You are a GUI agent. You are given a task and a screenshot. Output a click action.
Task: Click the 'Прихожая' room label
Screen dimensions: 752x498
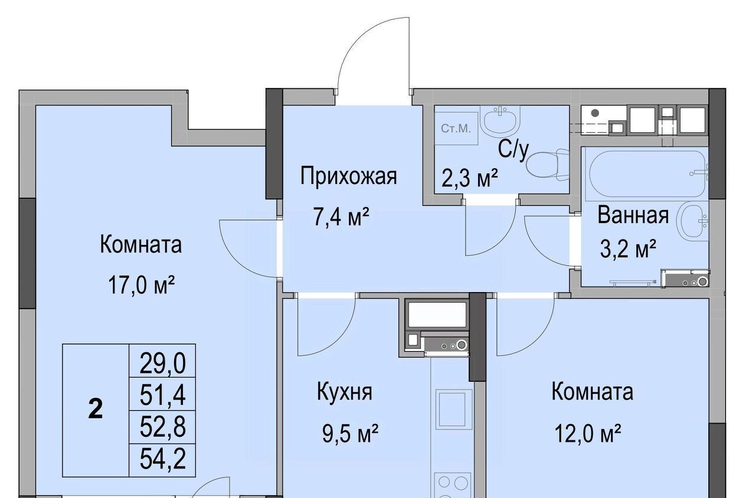tap(348, 176)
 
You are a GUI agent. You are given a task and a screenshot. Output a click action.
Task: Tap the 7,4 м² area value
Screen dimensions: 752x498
tap(341, 217)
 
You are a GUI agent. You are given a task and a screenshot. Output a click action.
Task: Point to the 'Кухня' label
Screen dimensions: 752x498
tap(345, 392)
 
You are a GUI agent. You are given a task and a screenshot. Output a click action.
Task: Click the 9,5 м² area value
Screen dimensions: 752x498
tap(350, 433)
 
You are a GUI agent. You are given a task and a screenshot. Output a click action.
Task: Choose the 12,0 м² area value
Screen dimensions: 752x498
tap(587, 433)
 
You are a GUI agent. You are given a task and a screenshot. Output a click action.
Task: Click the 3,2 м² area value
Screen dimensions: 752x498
tap(628, 248)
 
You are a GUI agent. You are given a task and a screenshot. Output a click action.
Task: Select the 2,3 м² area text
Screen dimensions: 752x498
tap(470, 178)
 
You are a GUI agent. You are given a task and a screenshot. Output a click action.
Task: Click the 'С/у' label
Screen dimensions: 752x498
tap(514, 150)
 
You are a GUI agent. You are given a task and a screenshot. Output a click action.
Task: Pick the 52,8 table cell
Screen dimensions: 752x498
tap(162, 428)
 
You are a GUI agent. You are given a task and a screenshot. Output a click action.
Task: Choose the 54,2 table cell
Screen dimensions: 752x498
tap(162, 459)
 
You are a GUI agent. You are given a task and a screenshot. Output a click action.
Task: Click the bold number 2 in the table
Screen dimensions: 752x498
tap(96, 410)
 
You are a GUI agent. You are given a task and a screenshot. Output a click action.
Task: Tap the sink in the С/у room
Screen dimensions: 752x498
tap(500, 119)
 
